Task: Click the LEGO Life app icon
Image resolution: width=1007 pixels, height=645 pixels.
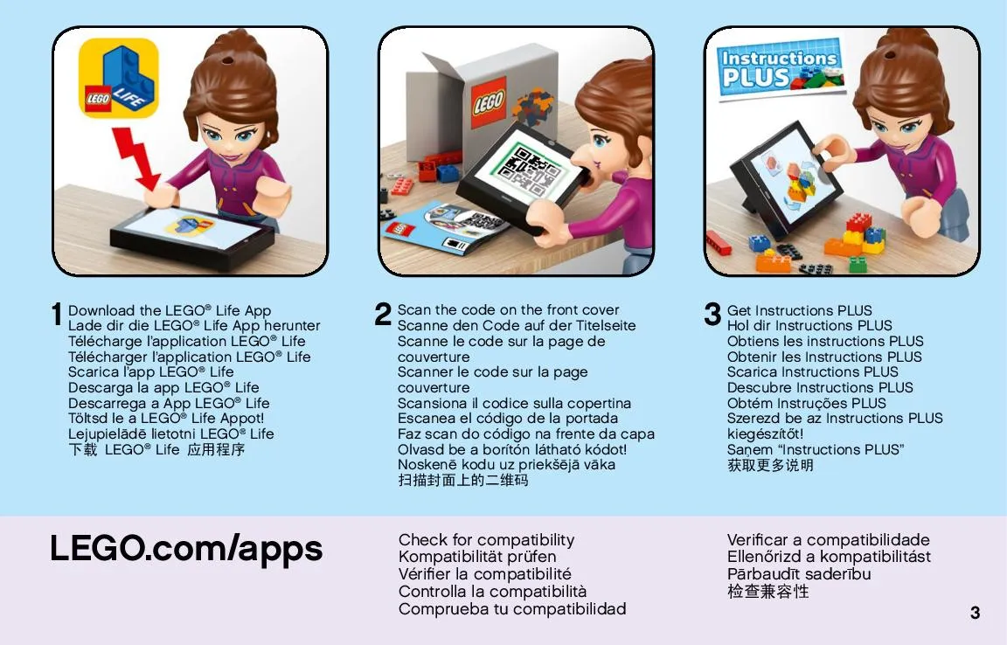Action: pos(119,79)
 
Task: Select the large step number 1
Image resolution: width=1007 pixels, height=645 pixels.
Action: pos(57,314)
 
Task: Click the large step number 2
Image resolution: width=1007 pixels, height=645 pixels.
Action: pos(383,314)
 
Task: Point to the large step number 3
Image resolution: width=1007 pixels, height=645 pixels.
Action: pos(712,314)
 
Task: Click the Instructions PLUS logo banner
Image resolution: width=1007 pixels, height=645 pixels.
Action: pos(780,67)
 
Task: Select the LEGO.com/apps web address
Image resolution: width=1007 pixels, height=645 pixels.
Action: pos(186,550)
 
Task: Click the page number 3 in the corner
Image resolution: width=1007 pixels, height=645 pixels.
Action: pos(975,613)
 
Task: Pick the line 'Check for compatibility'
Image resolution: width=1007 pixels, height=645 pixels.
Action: pos(486,539)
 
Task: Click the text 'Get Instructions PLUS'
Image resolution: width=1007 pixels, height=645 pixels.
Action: pos(800,310)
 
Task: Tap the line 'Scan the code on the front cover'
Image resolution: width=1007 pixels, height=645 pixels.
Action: pos(508,309)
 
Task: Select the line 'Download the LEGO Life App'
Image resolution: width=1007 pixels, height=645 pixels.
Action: pos(170,310)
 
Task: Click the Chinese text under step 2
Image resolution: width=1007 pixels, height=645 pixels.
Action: pos(463,480)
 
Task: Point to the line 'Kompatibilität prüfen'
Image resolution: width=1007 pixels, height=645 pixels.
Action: pos(477,557)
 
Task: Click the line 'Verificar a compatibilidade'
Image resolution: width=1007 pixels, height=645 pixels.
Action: pos(829,539)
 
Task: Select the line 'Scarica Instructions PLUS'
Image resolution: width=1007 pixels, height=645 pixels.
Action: pos(812,372)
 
